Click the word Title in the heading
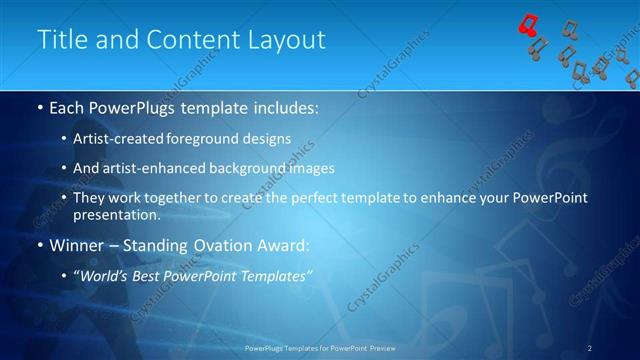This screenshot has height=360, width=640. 59,40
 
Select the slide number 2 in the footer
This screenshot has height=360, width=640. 590,348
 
